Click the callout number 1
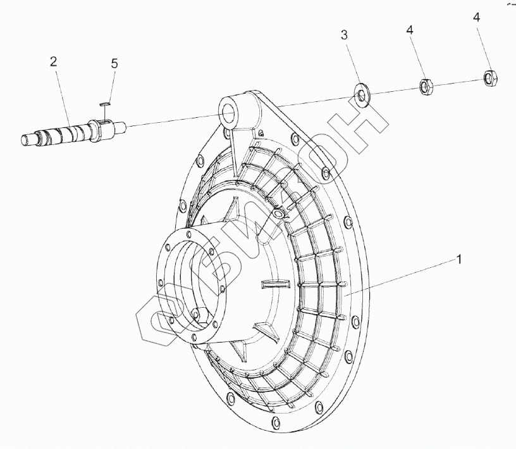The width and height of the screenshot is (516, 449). [x=459, y=260]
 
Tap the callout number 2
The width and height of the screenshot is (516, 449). [x=53, y=61]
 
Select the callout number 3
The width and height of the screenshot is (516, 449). [x=344, y=35]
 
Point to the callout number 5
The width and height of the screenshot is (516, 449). [x=114, y=63]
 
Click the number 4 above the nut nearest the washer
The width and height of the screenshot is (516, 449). [x=410, y=30]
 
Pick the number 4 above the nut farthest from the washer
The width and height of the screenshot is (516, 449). [x=476, y=18]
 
